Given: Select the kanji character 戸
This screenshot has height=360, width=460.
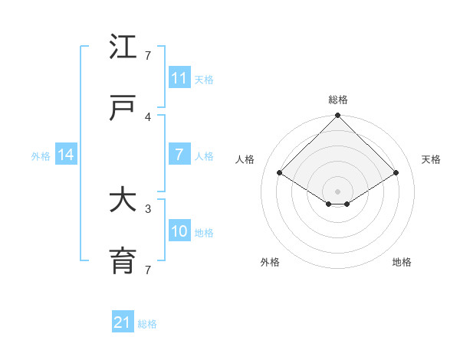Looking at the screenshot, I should point(123,108).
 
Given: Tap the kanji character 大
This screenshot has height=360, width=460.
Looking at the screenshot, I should point(123,201).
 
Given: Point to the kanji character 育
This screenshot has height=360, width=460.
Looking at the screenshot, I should point(123,262).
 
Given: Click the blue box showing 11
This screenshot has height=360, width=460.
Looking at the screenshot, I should point(179,78).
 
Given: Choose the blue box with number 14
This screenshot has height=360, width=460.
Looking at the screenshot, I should point(66,155).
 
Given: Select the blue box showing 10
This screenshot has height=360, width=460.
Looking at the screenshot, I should point(179,232).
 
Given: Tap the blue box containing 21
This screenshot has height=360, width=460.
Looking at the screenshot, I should point(122,323).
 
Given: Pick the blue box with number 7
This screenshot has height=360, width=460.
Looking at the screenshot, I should point(179,155).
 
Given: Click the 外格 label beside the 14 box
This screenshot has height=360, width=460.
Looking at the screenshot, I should point(41,156).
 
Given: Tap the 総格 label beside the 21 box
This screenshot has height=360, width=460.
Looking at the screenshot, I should point(147,324).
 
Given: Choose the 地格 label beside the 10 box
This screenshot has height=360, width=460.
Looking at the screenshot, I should point(204,233).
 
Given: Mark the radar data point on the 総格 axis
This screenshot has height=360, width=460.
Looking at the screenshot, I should point(337,116).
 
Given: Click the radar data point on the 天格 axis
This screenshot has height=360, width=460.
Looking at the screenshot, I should point(396,173).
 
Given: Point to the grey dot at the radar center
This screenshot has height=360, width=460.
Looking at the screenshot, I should point(337,191).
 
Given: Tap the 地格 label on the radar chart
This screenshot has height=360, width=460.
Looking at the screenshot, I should point(402,262).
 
